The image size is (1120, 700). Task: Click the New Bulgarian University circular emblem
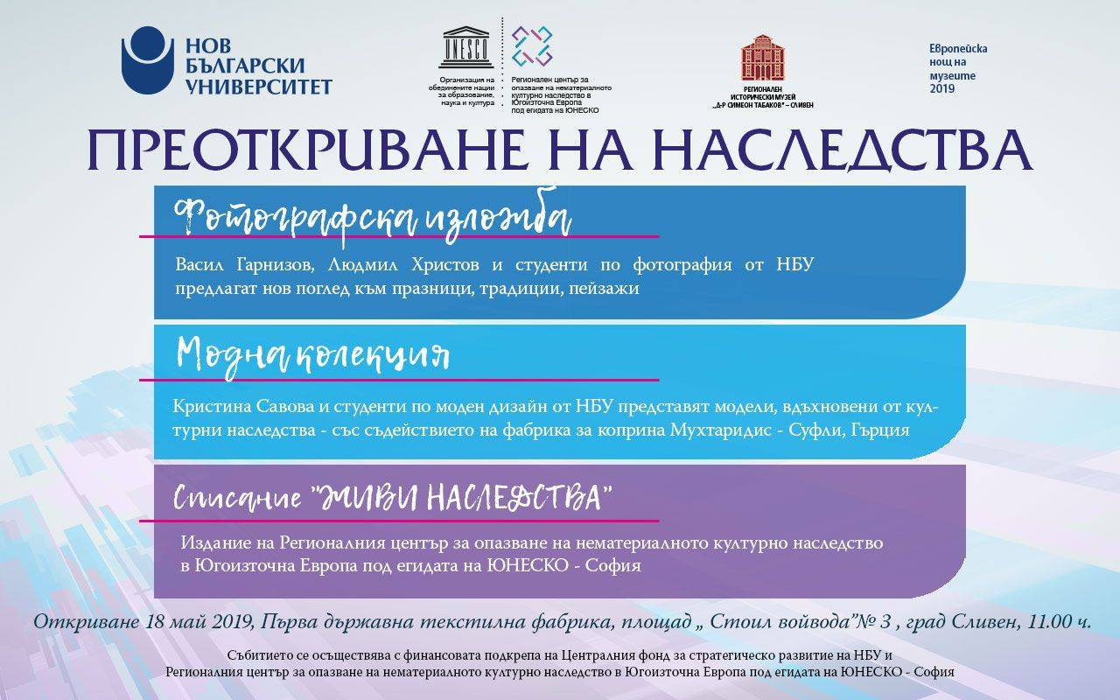[148, 60]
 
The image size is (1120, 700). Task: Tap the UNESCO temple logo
[466, 47]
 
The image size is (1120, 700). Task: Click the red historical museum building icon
[762, 58]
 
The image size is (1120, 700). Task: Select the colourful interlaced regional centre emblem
[531, 46]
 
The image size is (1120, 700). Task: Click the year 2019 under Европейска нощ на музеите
[942, 89]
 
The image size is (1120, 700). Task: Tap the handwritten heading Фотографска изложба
[373, 219]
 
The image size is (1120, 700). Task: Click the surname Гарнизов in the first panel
[275, 264]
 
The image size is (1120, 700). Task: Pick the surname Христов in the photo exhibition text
[445, 264]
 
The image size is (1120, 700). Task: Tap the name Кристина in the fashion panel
[212, 407]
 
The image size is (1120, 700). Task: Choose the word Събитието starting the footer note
[259, 655]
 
